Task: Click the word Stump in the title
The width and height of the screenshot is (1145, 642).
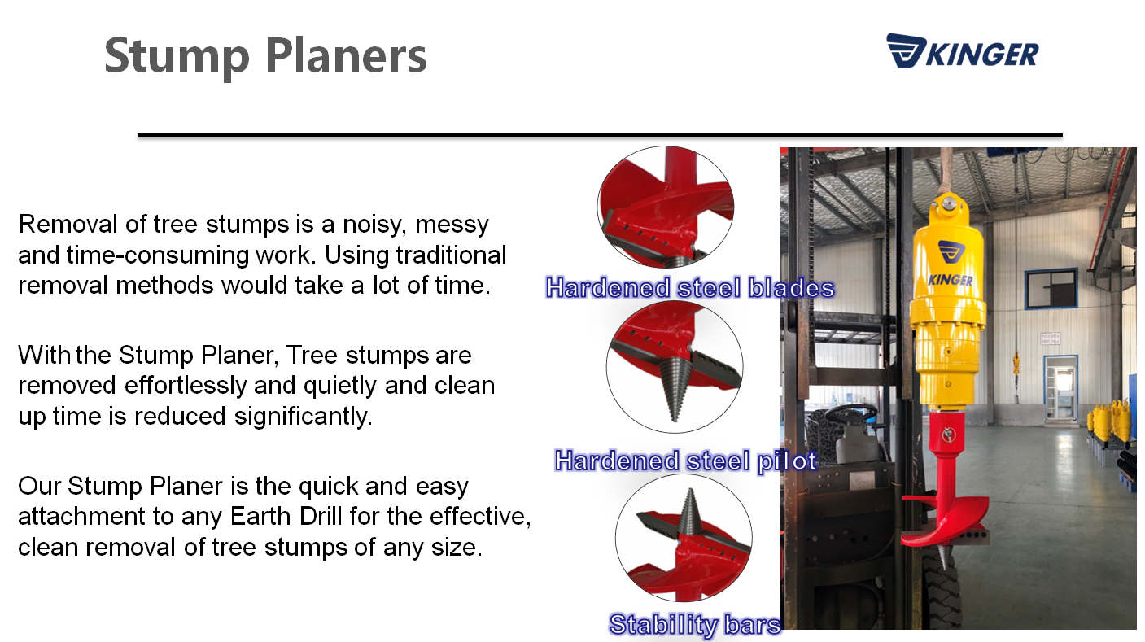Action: tap(177, 57)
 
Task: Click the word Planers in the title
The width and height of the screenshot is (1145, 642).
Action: tap(346, 55)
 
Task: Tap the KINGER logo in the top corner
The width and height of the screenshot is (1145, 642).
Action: tap(962, 51)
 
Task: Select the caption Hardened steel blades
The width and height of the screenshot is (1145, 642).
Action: tap(690, 287)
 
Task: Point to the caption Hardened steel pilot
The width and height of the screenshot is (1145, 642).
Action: tap(685, 461)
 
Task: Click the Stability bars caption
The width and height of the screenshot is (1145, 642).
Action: tap(695, 624)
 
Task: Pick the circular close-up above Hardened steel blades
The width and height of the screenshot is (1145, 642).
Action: tap(666, 207)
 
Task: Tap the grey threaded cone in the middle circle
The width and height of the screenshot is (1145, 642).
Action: tap(675, 388)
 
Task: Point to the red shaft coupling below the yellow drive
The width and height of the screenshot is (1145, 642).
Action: tap(948, 435)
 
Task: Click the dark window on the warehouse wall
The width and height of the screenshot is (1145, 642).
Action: tap(1051, 289)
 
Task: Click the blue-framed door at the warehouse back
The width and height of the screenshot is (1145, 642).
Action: tap(1060, 388)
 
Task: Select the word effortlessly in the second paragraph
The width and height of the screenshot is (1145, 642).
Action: tap(186, 385)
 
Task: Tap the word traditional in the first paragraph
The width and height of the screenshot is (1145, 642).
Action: tap(452, 255)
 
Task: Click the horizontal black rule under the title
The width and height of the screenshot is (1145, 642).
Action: tap(600, 135)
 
